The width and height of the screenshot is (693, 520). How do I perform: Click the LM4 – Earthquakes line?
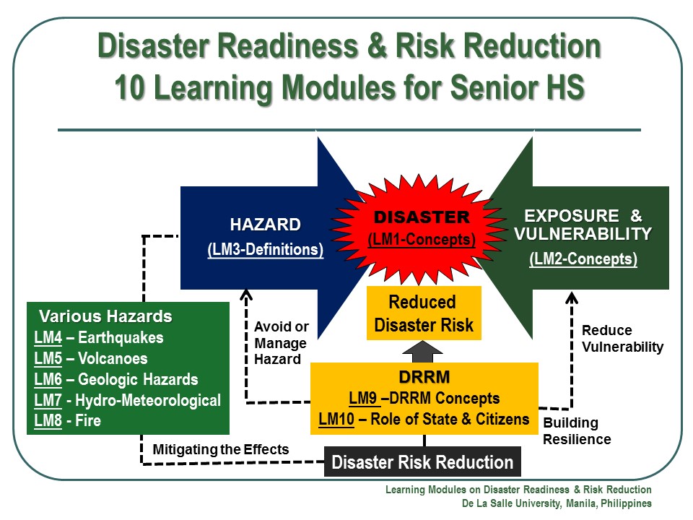[99, 337]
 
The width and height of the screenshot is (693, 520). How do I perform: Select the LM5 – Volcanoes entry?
[91, 358]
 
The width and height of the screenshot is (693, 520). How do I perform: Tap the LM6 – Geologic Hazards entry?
[115, 379]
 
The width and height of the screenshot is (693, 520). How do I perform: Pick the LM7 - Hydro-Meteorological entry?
[127, 400]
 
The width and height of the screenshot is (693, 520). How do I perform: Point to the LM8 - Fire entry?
[68, 420]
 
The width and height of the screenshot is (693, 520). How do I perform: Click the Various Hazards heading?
[105, 316]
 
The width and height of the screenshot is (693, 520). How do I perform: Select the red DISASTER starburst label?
[422, 217]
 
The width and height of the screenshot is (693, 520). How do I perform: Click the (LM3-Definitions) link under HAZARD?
[265, 249]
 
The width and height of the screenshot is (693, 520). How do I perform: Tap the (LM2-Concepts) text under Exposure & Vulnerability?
[583, 259]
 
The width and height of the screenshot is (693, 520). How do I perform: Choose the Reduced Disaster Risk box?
[423, 313]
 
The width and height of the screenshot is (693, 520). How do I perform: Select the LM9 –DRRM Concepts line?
[424, 398]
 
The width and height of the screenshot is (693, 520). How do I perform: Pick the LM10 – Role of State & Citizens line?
[424, 419]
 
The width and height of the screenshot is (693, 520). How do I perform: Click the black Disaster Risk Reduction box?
[422, 462]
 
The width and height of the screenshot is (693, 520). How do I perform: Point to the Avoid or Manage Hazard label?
[281, 343]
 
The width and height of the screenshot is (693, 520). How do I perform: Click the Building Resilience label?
[577, 431]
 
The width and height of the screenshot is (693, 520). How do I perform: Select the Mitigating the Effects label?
[221, 449]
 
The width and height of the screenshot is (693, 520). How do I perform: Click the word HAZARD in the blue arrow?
[265, 225]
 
